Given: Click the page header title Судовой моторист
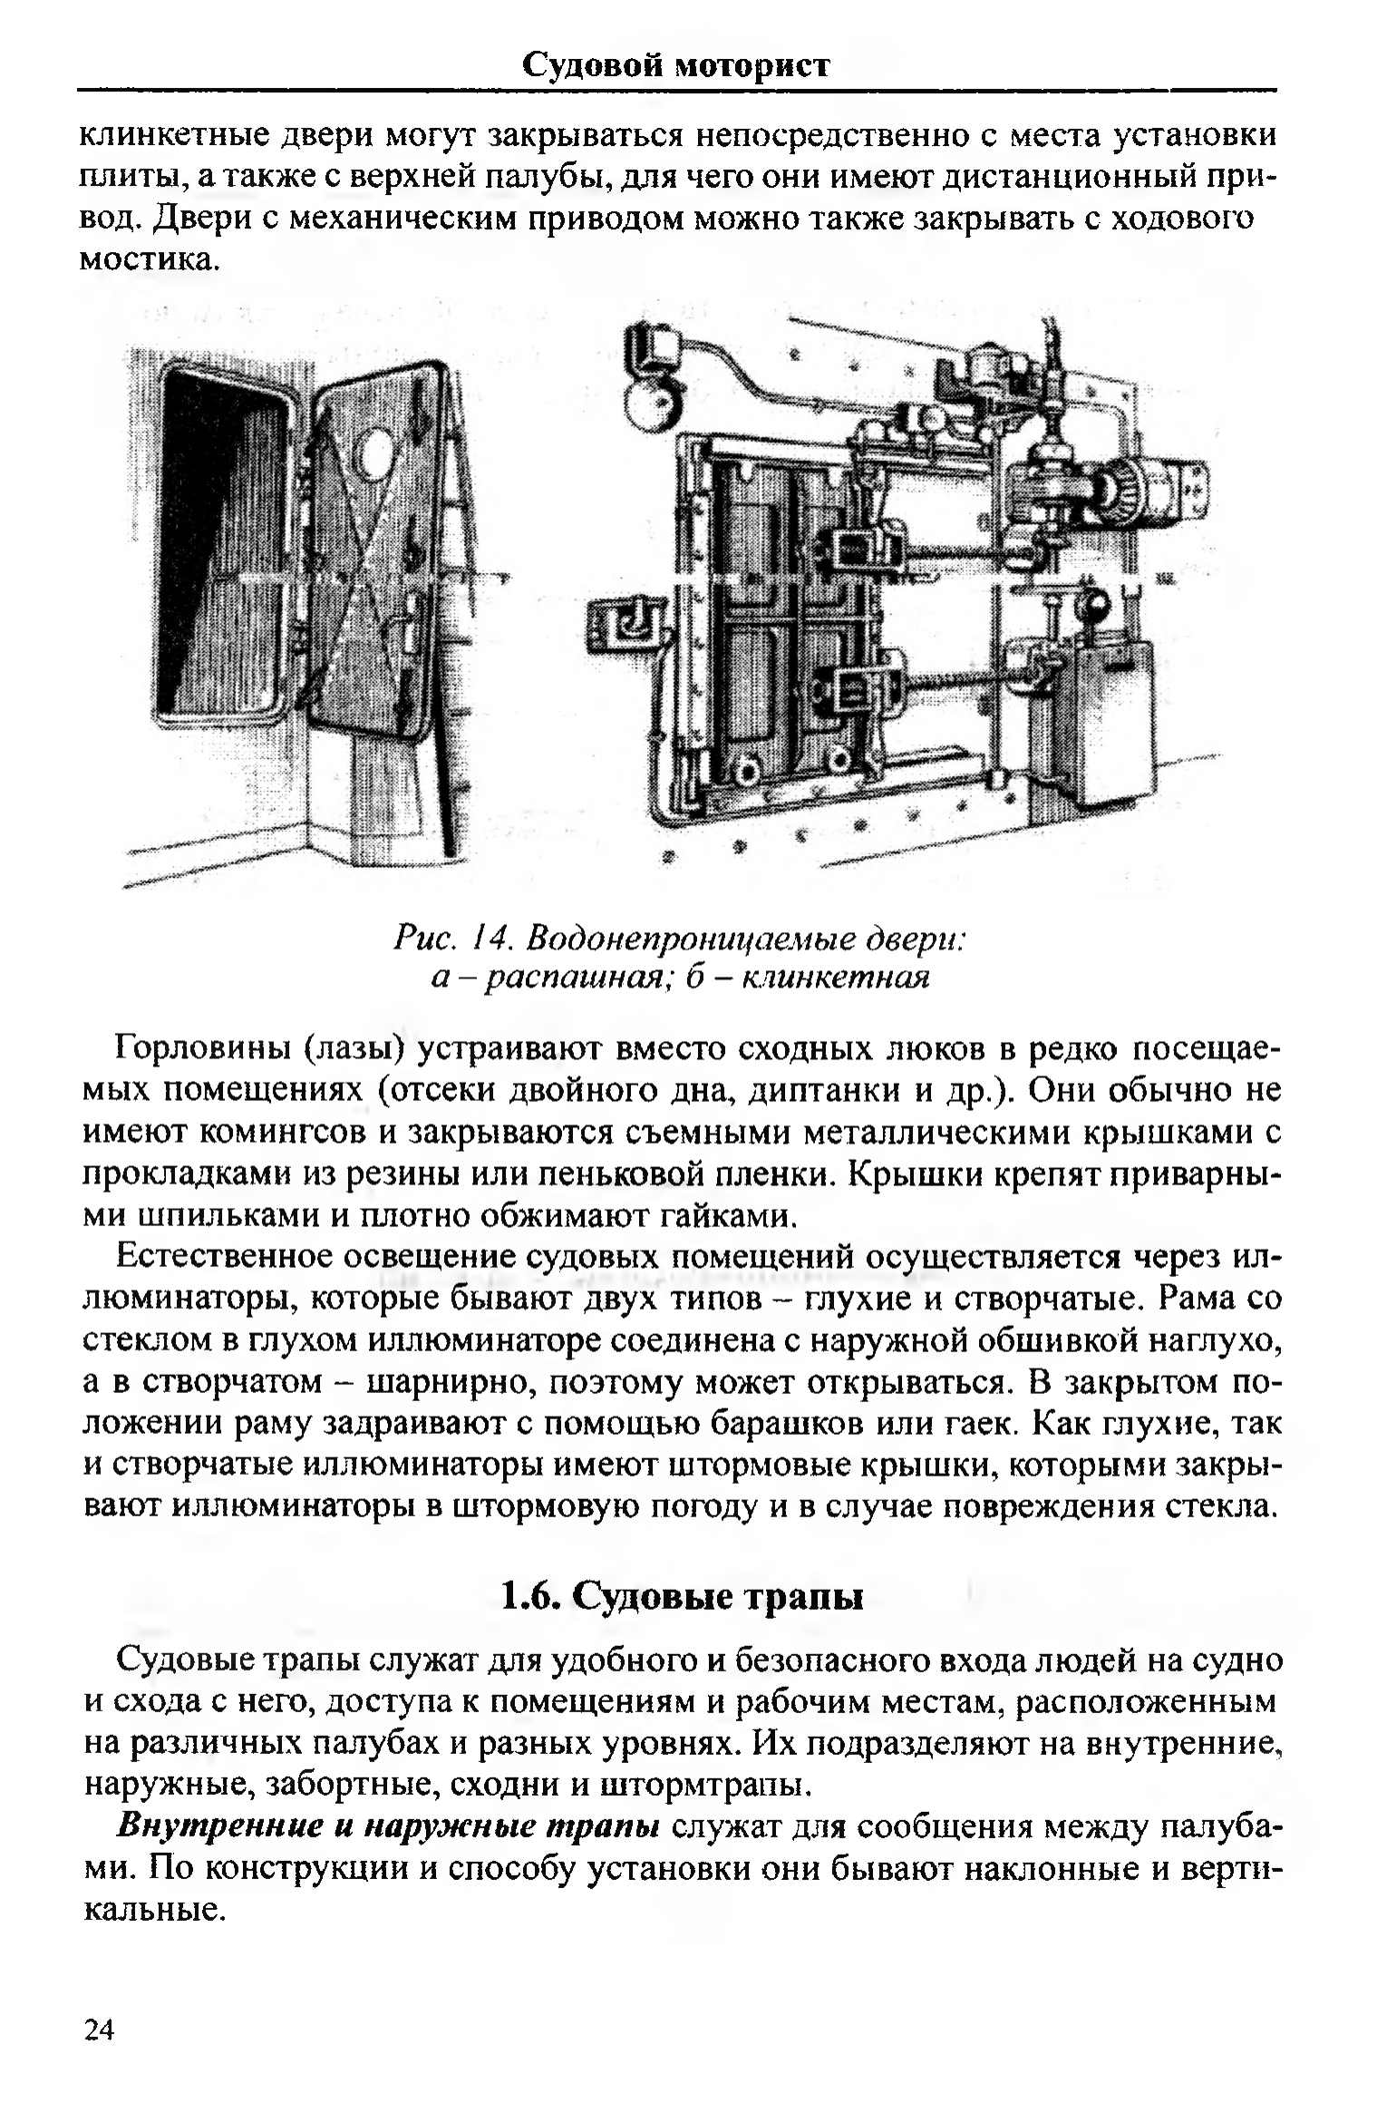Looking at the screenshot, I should pyautogui.click(x=675, y=65).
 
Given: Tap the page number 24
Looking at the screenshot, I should pyautogui.click(x=99, y=2029).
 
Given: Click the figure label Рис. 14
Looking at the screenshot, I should pyautogui.click(x=453, y=938).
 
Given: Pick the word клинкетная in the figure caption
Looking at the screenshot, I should pyautogui.click(x=835, y=978).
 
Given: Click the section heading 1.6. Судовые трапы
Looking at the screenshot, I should pyautogui.click(x=681, y=1595).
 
